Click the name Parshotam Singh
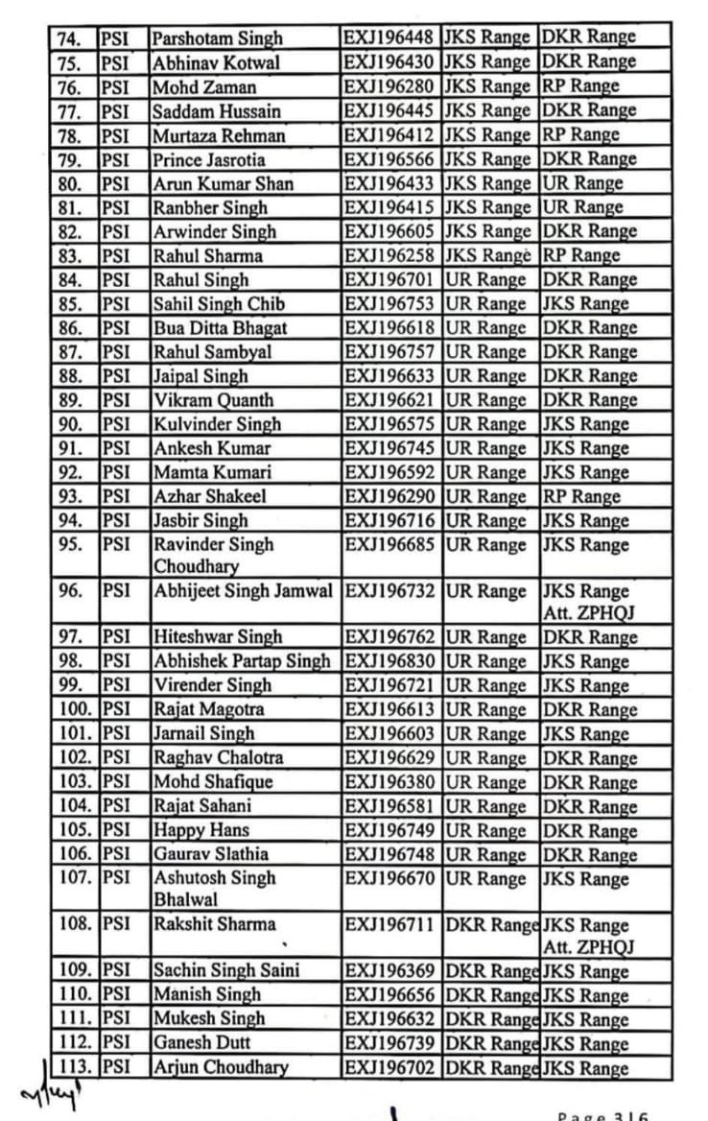click(x=218, y=37)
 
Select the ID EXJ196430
click(x=390, y=61)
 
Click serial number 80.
click(x=72, y=183)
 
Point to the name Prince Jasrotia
click(x=208, y=159)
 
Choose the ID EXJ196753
click(x=390, y=304)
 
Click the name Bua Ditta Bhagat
click(x=220, y=328)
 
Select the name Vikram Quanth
click(x=213, y=400)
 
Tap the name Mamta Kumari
click(x=212, y=472)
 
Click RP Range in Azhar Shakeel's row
click(x=581, y=497)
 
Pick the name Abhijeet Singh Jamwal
click(x=245, y=591)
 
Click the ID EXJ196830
click(x=390, y=661)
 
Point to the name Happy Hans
click(x=201, y=830)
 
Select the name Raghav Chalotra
click(x=218, y=758)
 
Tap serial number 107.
click(x=74, y=878)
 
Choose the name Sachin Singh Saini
click(x=225, y=970)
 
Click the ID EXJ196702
click(x=390, y=1067)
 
